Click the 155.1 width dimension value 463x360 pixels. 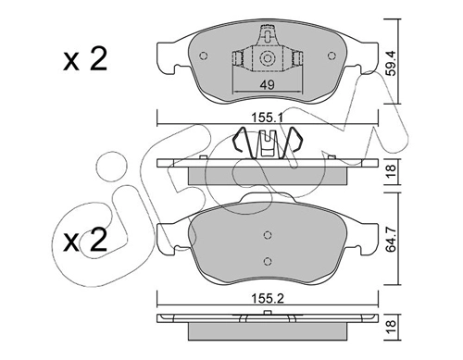(268, 118)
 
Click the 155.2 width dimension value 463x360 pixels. (268, 298)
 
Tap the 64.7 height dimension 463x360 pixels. (392, 239)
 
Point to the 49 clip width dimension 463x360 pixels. (268, 84)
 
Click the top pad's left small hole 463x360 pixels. (204, 56)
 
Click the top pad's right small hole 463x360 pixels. (332, 56)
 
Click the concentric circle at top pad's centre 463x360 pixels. (268, 58)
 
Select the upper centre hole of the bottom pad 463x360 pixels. (268, 235)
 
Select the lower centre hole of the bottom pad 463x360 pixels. (268, 261)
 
